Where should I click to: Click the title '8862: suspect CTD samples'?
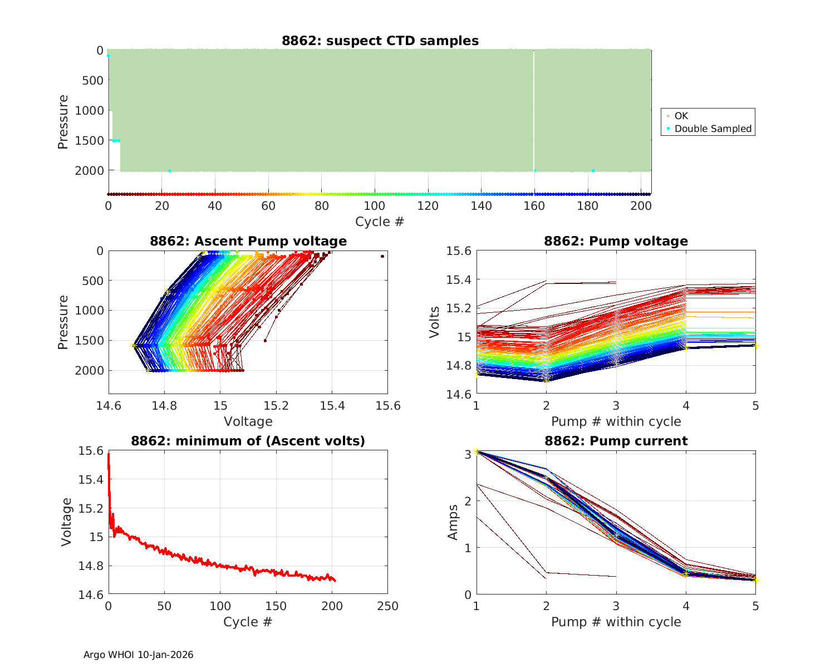[380, 41]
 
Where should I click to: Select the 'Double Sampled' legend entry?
[713, 129]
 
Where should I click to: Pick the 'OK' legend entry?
[681, 116]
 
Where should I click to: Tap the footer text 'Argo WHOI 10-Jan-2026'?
[138, 655]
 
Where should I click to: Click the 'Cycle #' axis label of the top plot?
[380, 222]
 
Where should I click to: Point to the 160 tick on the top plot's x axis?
[534, 206]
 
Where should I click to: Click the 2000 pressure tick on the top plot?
[89, 170]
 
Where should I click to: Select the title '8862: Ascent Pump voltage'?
[248, 241]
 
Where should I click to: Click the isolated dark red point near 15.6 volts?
[382, 256]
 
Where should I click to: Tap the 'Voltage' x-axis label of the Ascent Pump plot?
[248, 421]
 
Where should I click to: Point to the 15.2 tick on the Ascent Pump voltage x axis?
[276, 405]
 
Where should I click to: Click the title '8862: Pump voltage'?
[616, 241]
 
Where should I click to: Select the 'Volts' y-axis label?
[435, 322]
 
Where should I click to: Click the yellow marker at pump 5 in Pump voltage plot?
[756, 346]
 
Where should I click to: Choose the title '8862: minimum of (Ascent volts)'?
[248, 441]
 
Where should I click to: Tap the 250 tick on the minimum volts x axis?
[387, 606]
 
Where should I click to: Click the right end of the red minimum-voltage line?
[335, 581]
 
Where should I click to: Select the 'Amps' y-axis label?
[453, 522]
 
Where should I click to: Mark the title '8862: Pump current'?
[616, 441]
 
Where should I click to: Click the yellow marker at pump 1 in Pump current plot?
[476, 451]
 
